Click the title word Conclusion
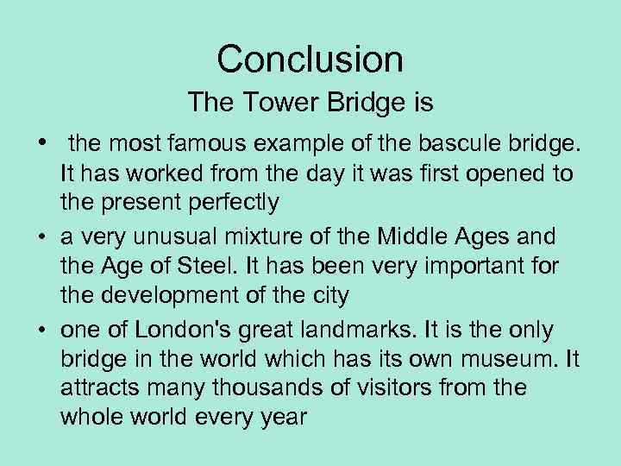point(310,60)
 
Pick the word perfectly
point(241,204)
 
